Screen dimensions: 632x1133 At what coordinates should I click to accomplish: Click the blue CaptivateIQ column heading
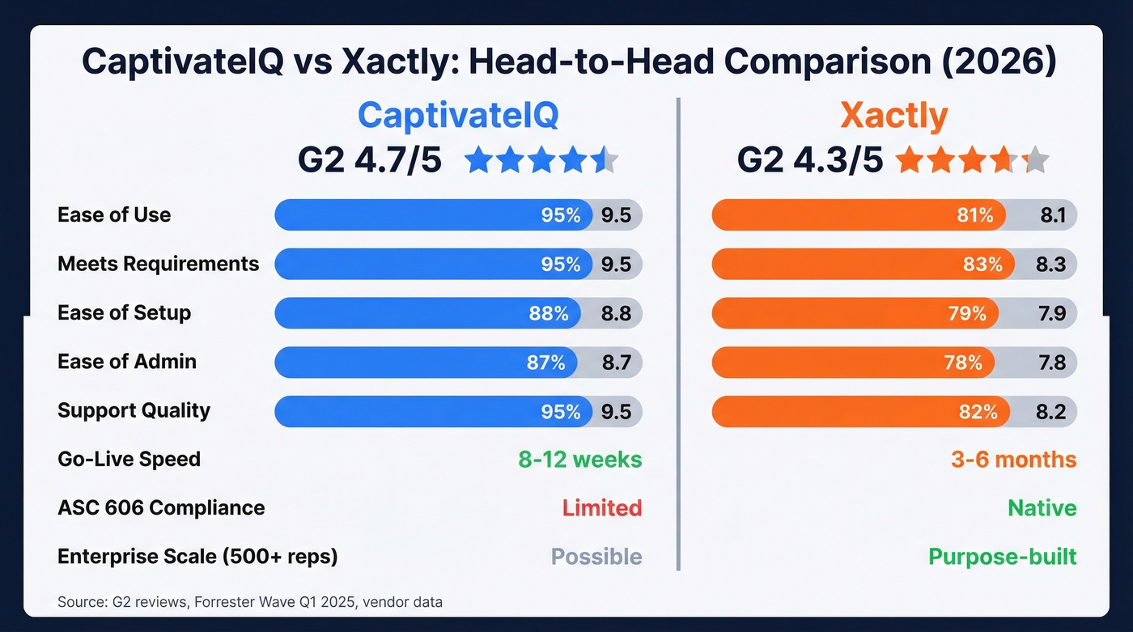pyautogui.click(x=457, y=116)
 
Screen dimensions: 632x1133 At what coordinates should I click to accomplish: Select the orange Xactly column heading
pyautogui.click(x=893, y=116)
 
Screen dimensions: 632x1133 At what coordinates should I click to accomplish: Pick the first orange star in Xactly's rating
pyautogui.click(x=910, y=160)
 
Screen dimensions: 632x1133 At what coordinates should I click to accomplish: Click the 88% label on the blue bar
pyautogui.click(x=549, y=313)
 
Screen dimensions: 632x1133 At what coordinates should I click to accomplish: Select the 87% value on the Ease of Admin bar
pyautogui.click(x=545, y=363)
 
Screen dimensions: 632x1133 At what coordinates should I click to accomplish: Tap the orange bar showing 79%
pyautogui.click(x=855, y=313)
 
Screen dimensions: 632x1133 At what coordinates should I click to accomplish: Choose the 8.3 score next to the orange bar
pyautogui.click(x=1050, y=265)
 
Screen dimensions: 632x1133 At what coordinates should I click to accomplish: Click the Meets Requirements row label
pyautogui.click(x=158, y=264)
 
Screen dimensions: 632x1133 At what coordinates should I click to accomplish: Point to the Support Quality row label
pyautogui.click(x=134, y=410)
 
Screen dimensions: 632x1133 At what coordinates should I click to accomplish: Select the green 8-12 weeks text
pyautogui.click(x=579, y=460)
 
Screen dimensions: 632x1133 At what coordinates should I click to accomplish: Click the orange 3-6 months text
pyautogui.click(x=1013, y=460)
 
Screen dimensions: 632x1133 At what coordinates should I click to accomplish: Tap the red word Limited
pyautogui.click(x=601, y=508)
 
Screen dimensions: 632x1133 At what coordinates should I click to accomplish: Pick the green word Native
pyautogui.click(x=1042, y=508)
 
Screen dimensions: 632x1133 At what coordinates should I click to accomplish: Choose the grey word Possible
pyautogui.click(x=596, y=557)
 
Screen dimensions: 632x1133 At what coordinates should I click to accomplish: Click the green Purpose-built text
pyautogui.click(x=1002, y=557)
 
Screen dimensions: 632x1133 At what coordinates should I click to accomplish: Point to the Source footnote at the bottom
pyautogui.click(x=250, y=602)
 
